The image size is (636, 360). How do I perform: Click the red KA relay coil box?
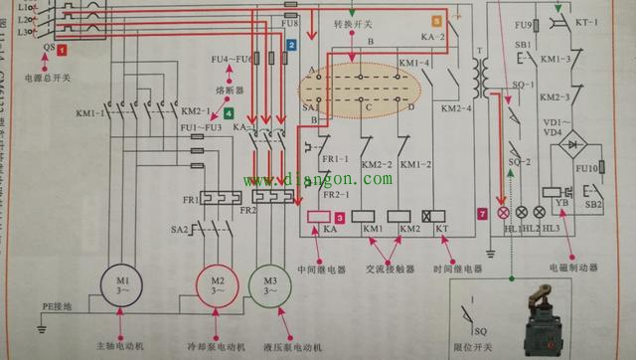(320, 218)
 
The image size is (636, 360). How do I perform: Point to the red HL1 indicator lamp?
(503, 213)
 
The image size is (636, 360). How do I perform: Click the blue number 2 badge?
(291, 46)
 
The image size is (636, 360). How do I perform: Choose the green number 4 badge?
(229, 114)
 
